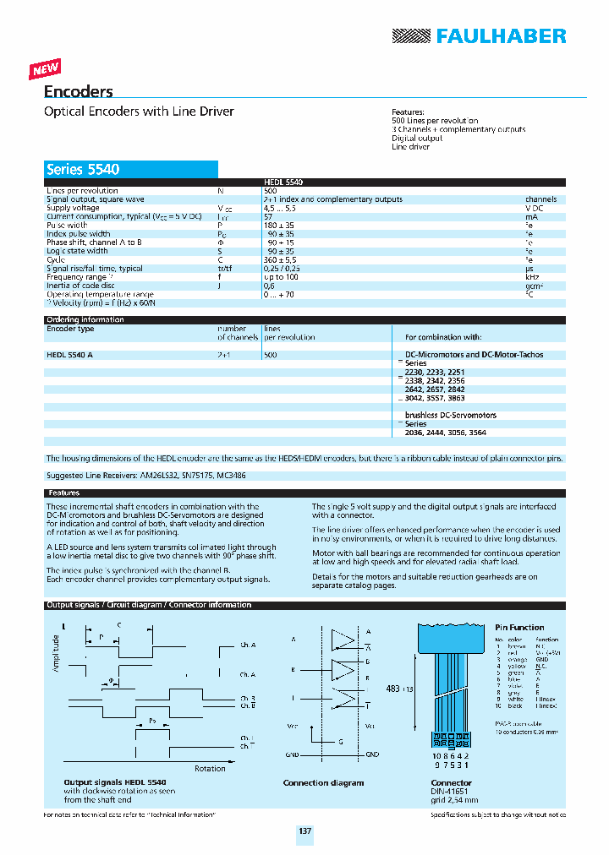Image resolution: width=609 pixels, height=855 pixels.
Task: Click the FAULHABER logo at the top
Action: coord(479,35)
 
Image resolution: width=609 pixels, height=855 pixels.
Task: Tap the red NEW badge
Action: coord(46,69)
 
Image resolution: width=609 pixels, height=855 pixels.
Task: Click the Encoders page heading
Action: coord(78,92)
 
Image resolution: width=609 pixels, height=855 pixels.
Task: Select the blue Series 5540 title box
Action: coord(131,169)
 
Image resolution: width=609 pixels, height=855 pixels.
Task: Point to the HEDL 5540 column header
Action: coord(283,182)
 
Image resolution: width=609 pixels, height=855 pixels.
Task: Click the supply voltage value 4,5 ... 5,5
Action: coord(281,208)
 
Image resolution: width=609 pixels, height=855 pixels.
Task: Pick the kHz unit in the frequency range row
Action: coord(531,277)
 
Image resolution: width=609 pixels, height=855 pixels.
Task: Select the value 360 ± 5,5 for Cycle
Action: coord(280,260)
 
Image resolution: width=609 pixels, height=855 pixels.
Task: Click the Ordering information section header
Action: coord(85,320)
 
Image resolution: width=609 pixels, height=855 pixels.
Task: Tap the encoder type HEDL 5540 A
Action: coord(69,356)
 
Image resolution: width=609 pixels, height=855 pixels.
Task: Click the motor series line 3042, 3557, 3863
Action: coord(434,398)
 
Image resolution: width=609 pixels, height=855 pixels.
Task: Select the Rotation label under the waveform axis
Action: coord(210,768)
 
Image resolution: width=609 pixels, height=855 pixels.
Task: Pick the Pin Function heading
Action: coord(519,628)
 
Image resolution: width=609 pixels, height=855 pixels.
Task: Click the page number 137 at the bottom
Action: coord(304,831)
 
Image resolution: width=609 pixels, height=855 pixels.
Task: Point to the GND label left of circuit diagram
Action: coord(291,754)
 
